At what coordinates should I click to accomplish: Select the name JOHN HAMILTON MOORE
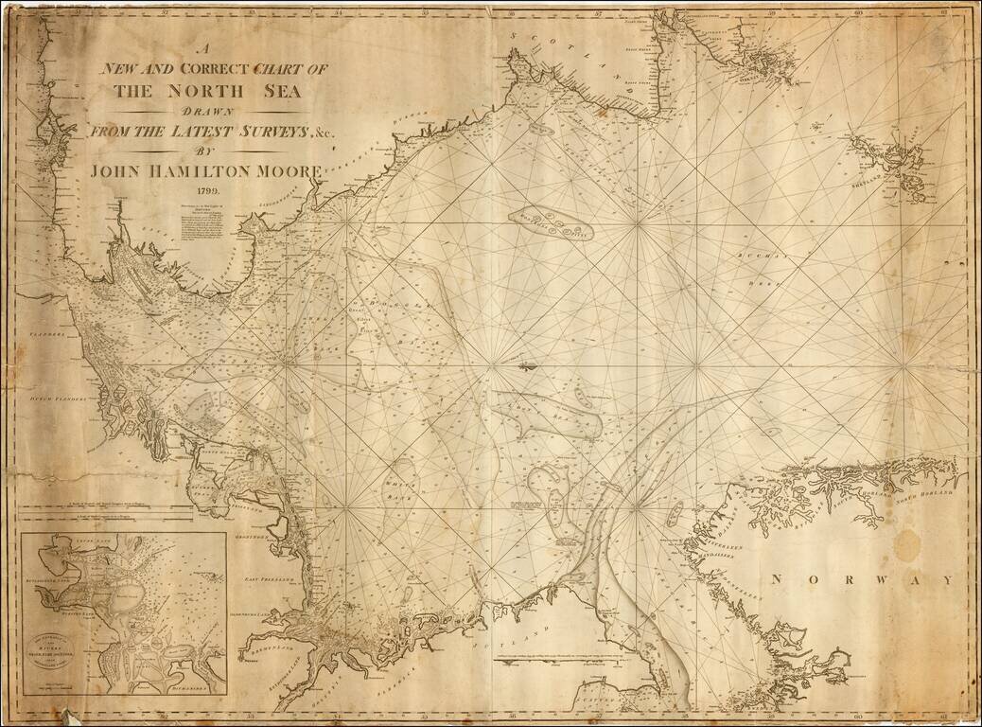click(207, 171)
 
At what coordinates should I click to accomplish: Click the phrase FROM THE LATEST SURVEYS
click(189, 132)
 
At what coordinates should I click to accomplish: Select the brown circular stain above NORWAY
click(907, 543)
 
